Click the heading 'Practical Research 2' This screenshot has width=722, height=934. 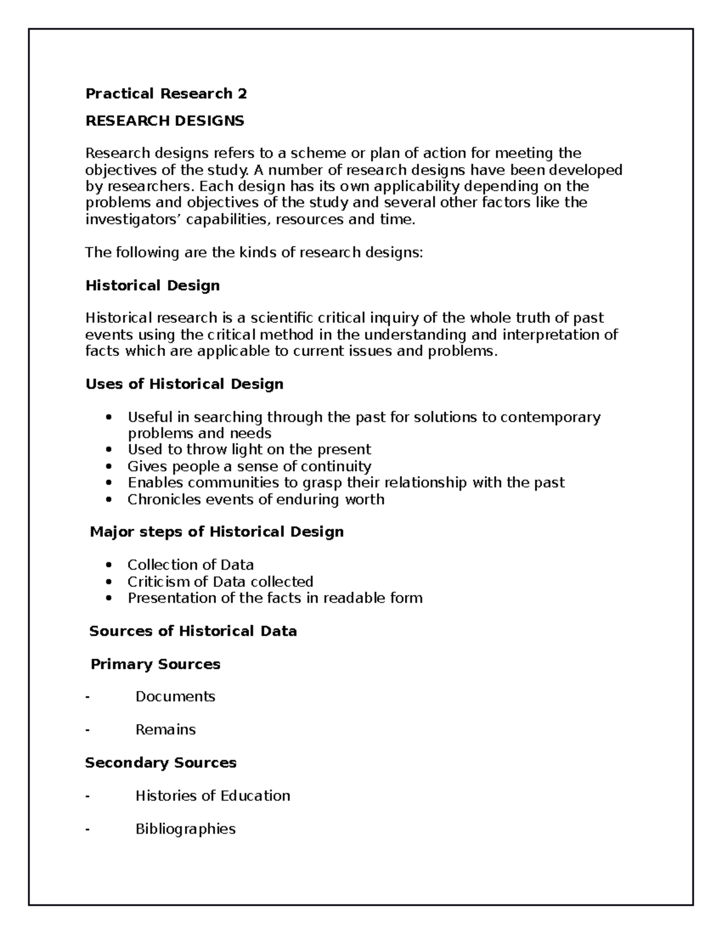click(x=166, y=94)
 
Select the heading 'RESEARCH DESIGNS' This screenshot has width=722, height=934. click(x=165, y=121)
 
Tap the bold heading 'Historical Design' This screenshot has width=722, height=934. click(x=152, y=285)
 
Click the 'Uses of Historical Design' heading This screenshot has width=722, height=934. click(x=184, y=384)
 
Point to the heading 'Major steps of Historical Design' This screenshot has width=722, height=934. click(x=217, y=532)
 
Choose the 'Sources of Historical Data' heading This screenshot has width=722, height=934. click(x=193, y=631)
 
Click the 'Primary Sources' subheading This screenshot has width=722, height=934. click(x=155, y=664)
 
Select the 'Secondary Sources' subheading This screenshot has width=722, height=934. click(x=161, y=763)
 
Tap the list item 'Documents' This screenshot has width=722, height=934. click(x=175, y=696)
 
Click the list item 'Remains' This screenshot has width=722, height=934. click(x=165, y=730)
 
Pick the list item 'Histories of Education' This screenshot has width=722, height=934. click(x=212, y=796)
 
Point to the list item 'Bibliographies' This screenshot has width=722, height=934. click(x=185, y=829)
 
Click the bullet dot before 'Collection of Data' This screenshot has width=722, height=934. click(x=108, y=565)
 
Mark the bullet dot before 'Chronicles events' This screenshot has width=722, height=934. click(x=108, y=499)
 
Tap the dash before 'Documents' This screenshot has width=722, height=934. click(x=88, y=696)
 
